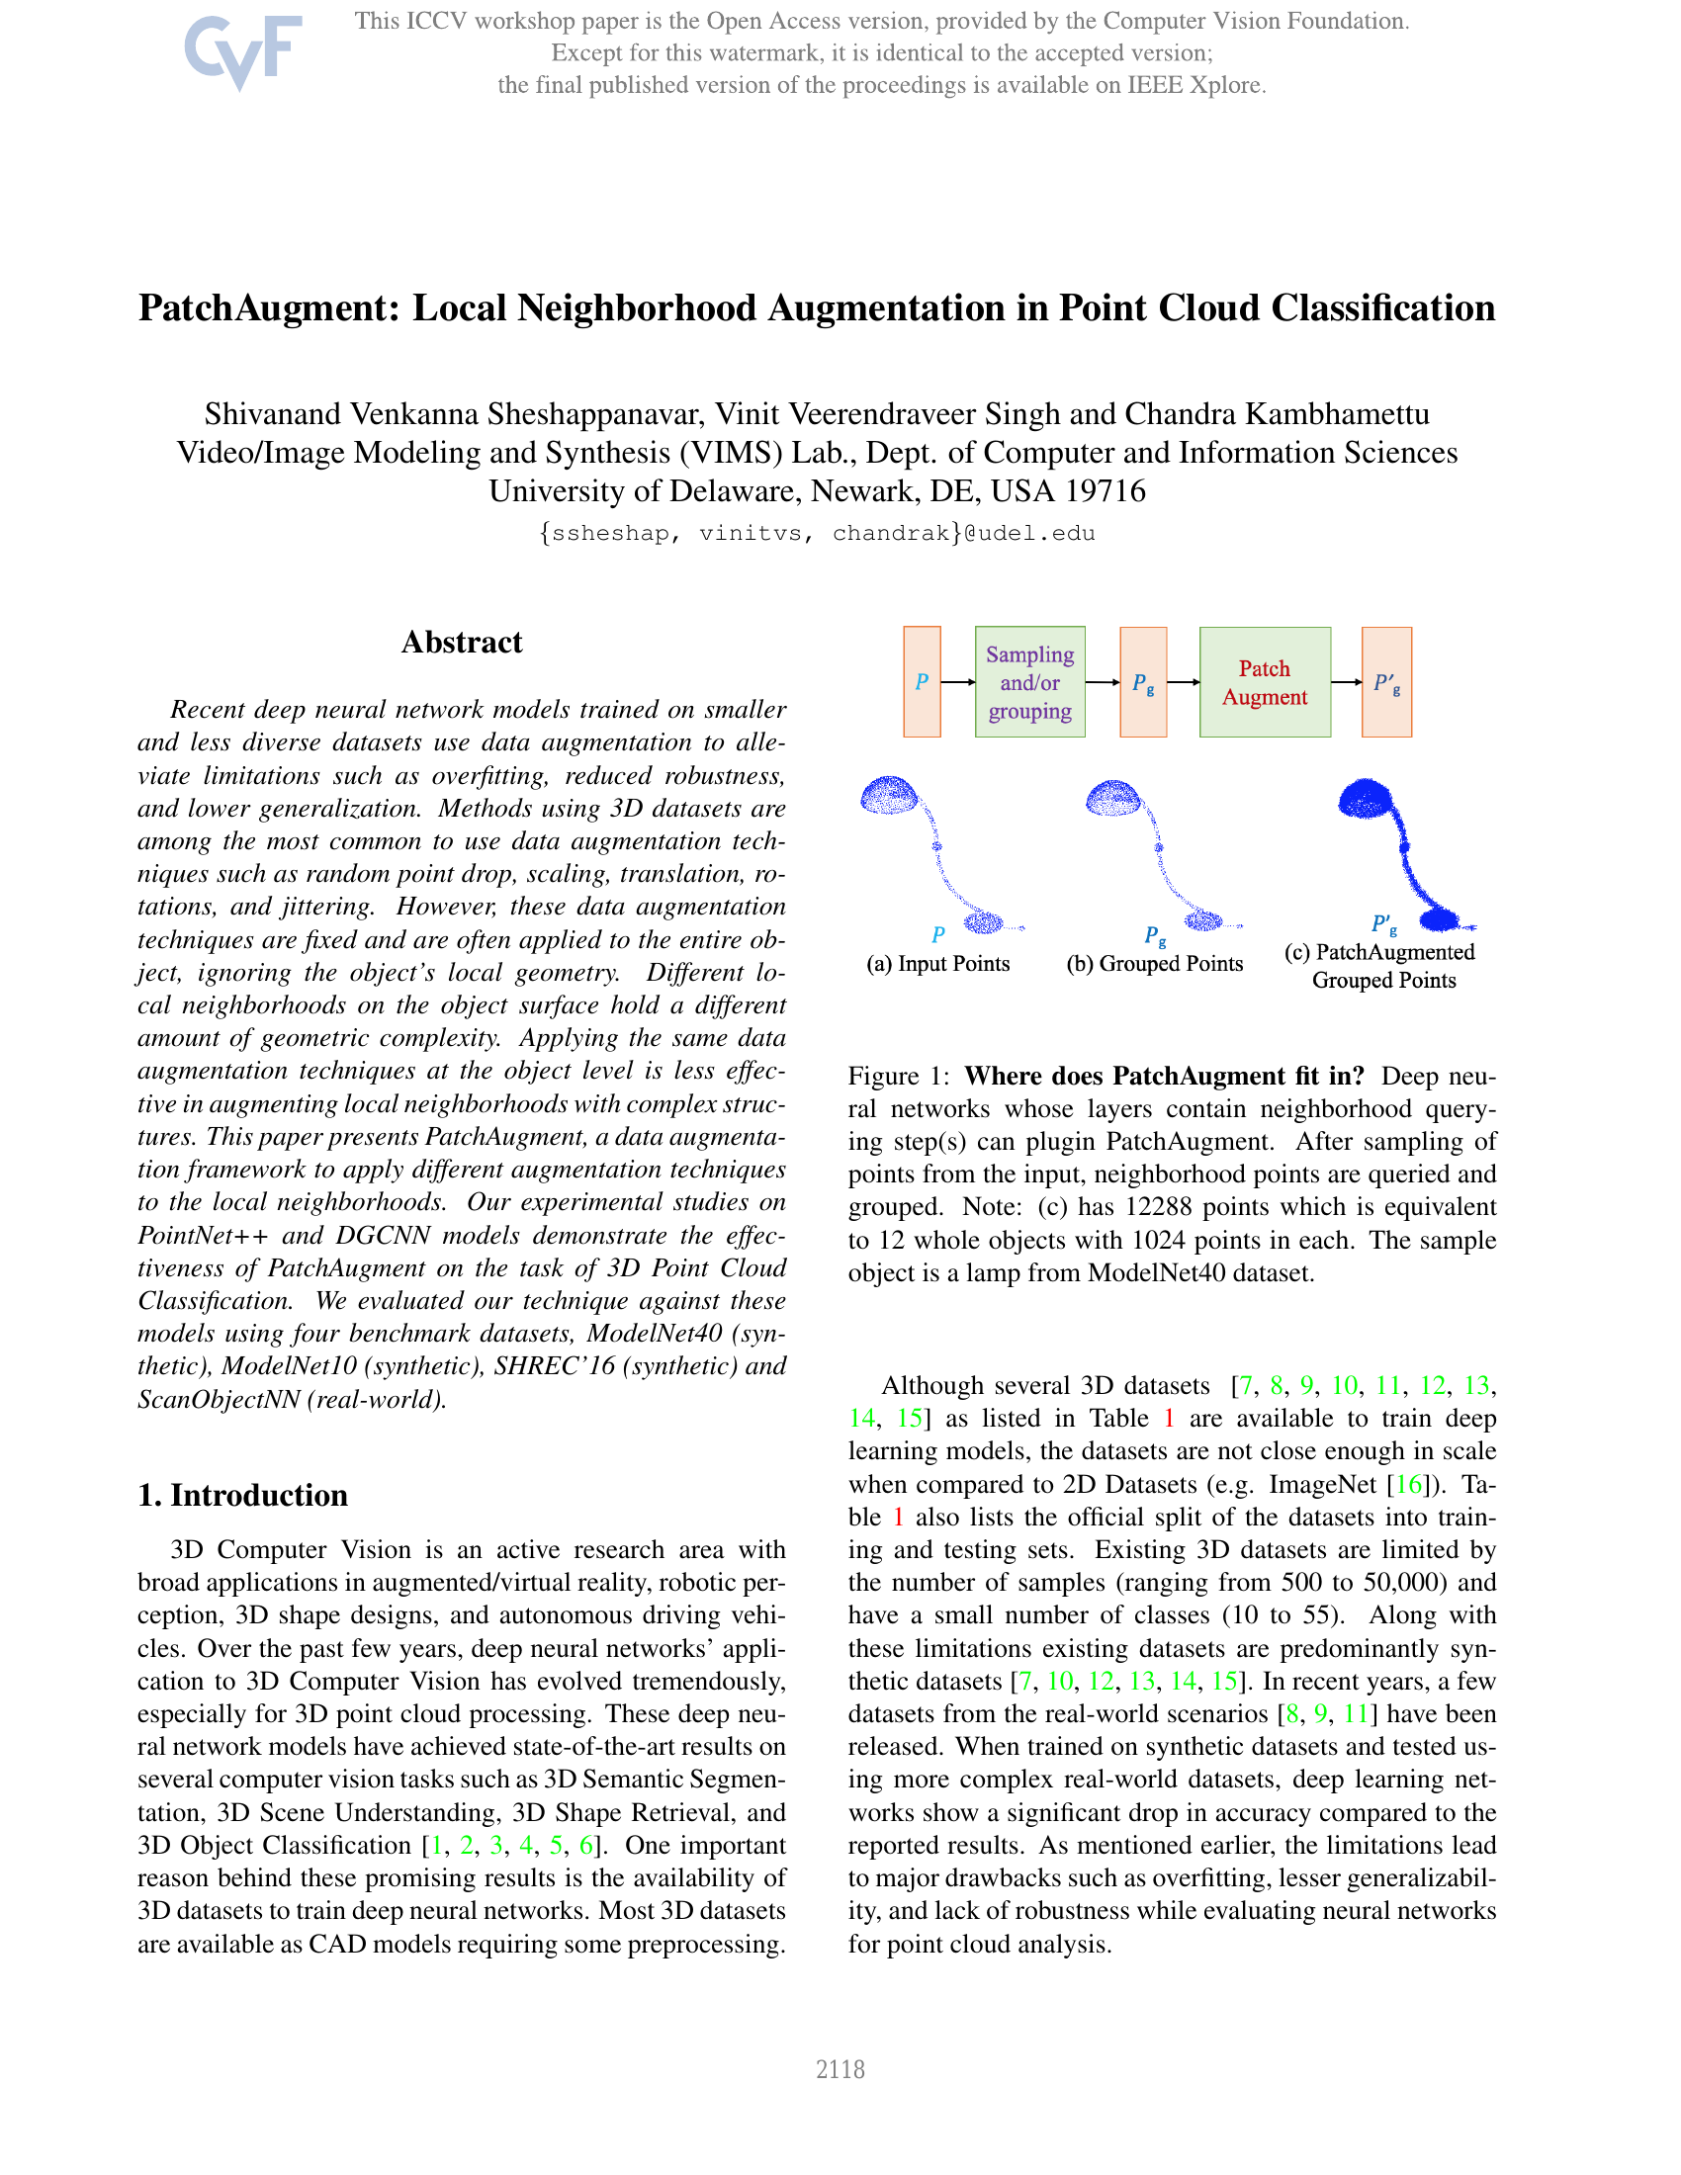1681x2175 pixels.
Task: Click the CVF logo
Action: click(x=242, y=50)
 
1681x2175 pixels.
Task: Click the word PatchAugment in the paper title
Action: click(x=268, y=308)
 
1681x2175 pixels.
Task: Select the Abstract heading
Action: click(x=461, y=643)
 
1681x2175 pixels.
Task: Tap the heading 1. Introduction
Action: click(x=243, y=1495)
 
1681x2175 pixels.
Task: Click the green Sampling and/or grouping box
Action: click(x=1029, y=682)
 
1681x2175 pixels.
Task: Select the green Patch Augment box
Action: click(x=1264, y=682)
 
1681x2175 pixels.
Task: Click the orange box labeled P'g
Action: click(x=1386, y=682)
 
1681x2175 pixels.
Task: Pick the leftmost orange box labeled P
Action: click(x=922, y=682)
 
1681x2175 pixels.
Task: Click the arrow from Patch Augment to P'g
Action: click(x=1347, y=682)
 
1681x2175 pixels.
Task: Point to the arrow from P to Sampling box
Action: click(x=958, y=682)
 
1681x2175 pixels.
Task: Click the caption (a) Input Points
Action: click(x=938, y=964)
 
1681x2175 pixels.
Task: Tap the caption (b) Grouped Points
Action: click(x=1154, y=964)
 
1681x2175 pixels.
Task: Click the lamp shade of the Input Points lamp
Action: click(x=888, y=796)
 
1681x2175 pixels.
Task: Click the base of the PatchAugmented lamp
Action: click(x=1440, y=917)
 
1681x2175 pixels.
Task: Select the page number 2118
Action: click(x=840, y=2069)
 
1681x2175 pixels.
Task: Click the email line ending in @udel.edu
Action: click(x=817, y=534)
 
